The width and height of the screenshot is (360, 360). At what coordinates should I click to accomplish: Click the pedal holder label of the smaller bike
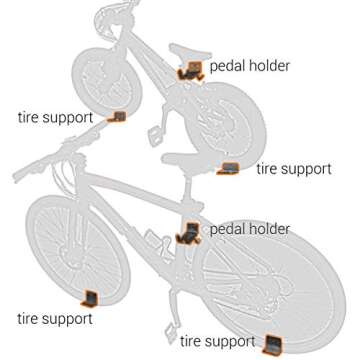point(249,66)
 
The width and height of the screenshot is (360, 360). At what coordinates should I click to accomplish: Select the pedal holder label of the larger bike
point(249,229)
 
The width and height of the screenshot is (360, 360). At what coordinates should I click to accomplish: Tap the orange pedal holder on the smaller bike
point(189,70)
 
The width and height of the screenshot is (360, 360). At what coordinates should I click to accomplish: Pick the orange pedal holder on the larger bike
point(188,234)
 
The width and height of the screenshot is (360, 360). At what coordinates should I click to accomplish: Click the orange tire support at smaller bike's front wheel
point(118,117)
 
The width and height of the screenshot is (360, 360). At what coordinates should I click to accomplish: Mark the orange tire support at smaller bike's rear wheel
point(229,168)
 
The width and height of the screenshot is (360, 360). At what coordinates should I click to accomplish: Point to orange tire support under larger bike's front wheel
point(89,297)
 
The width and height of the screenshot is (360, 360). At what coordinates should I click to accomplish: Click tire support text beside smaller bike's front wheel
point(55,117)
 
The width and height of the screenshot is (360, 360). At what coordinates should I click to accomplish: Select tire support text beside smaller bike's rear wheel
point(293,169)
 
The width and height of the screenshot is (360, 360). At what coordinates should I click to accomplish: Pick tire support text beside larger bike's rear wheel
point(217,342)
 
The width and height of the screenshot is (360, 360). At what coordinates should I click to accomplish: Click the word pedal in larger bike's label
point(228,229)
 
